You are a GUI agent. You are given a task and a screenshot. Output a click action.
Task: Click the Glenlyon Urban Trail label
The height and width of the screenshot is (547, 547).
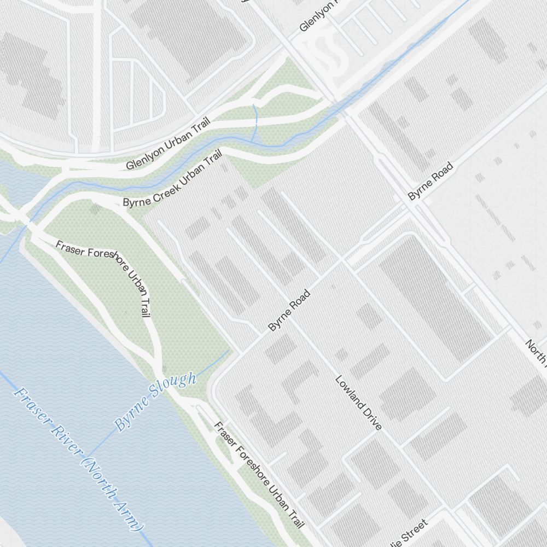(x=168, y=145)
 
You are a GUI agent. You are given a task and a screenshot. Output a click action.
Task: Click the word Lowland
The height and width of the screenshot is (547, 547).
(x=350, y=392)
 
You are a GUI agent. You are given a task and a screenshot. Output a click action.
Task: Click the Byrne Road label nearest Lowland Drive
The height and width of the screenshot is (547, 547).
(x=289, y=310)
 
